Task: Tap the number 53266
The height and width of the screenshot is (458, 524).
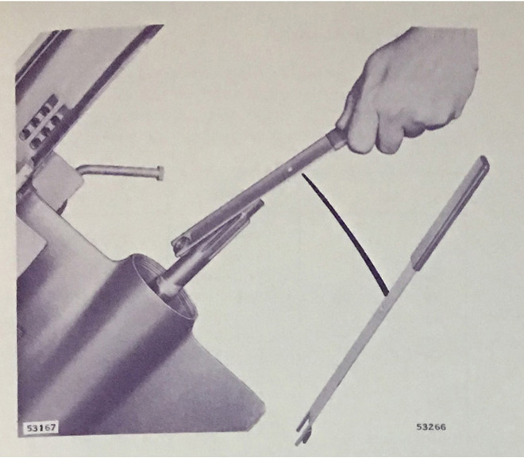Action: [x=431, y=427]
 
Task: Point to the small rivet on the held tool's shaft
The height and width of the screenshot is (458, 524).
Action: [x=292, y=169]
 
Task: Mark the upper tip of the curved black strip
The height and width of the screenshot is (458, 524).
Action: [x=303, y=174]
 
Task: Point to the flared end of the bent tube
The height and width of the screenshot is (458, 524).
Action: [x=160, y=173]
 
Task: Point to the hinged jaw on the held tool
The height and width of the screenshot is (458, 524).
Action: [x=218, y=227]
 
